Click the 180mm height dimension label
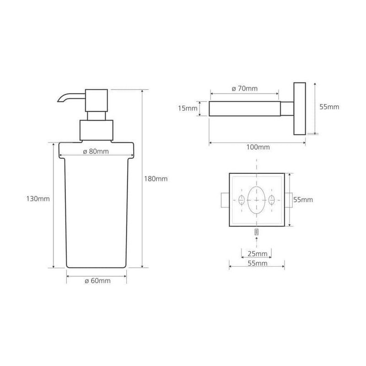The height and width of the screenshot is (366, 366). click(x=156, y=179)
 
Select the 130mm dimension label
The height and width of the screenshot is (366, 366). click(x=38, y=199)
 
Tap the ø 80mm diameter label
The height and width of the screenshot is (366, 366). click(x=96, y=151)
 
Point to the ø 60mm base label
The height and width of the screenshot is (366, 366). click(x=97, y=280)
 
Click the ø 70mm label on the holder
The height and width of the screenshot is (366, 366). click(x=245, y=88)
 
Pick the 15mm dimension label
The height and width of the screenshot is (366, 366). click(x=188, y=108)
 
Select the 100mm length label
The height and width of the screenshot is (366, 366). click(x=258, y=147)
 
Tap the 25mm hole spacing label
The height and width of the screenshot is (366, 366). click(x=258, y=253)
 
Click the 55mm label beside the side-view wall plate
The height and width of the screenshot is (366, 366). click(x=329, y=107)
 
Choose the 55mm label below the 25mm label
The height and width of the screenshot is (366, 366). click(x=258, y=264)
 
